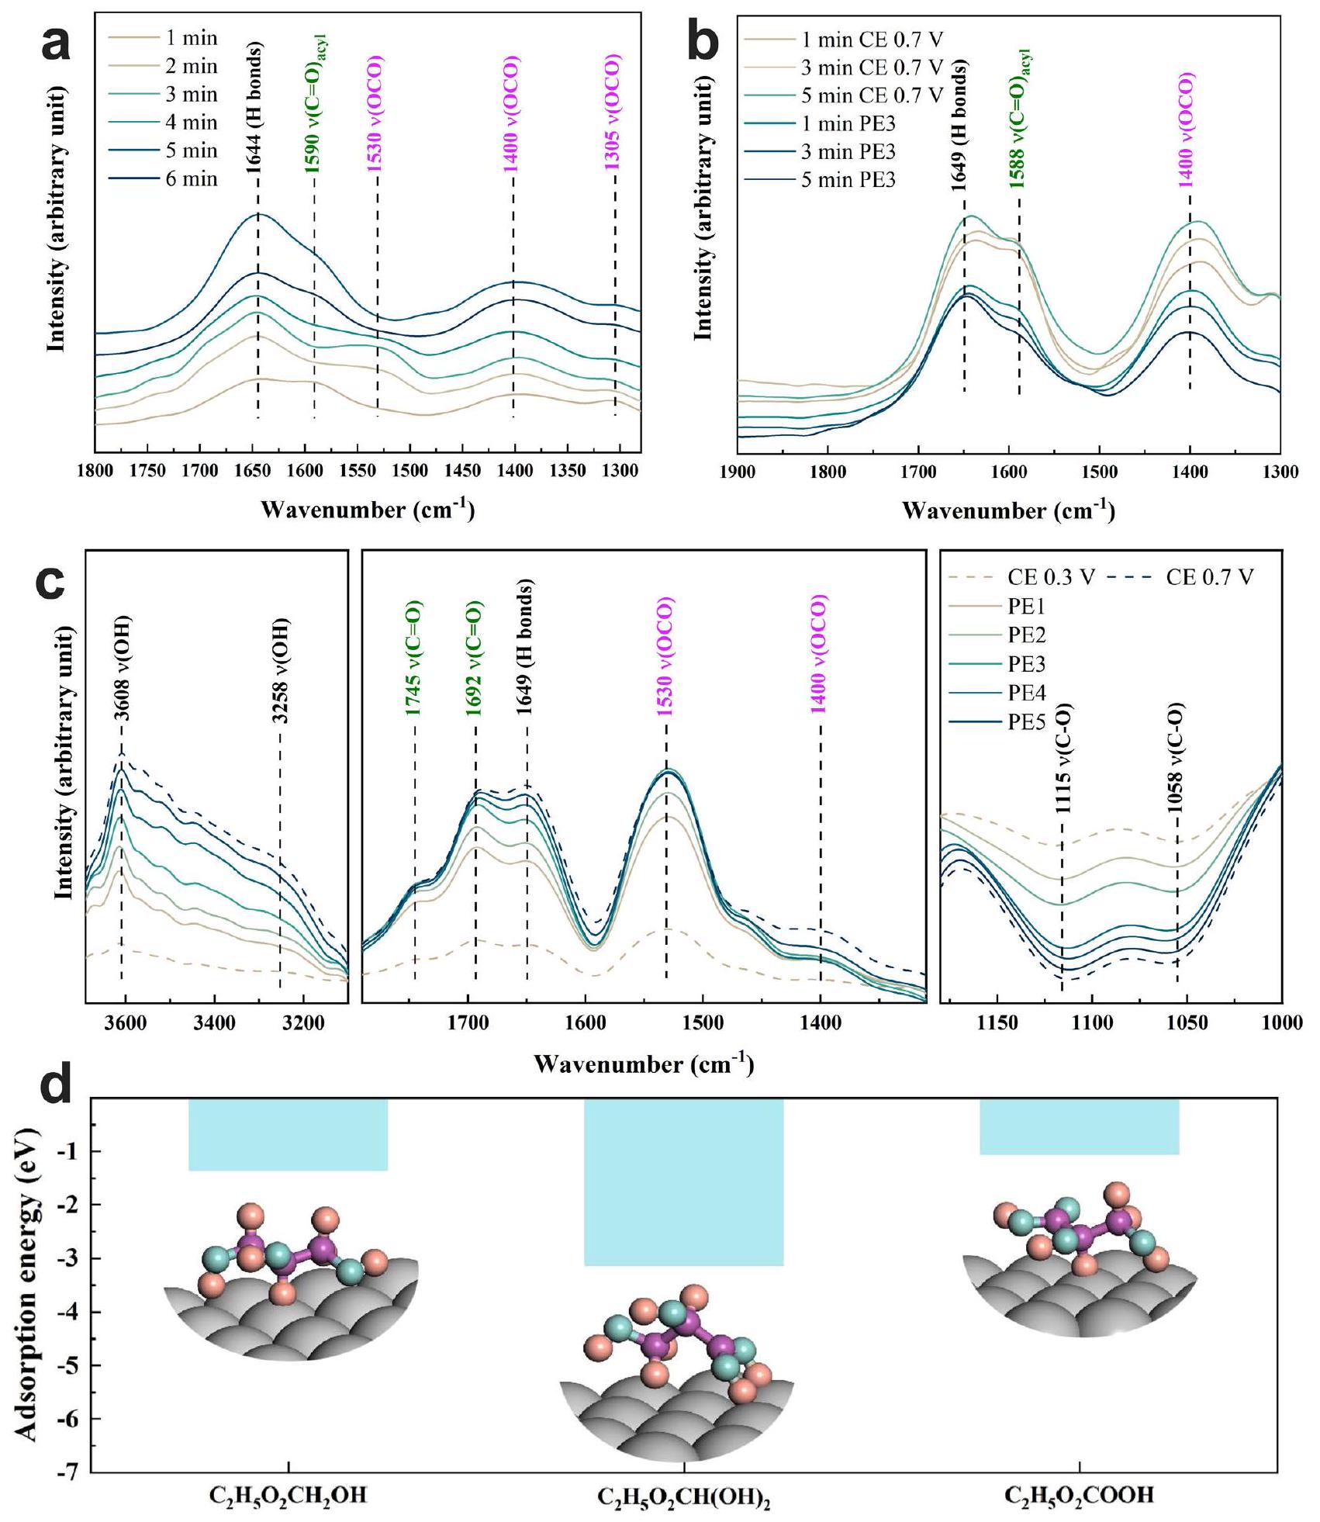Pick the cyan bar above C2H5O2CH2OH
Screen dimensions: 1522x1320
[x=288, y=1134]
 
